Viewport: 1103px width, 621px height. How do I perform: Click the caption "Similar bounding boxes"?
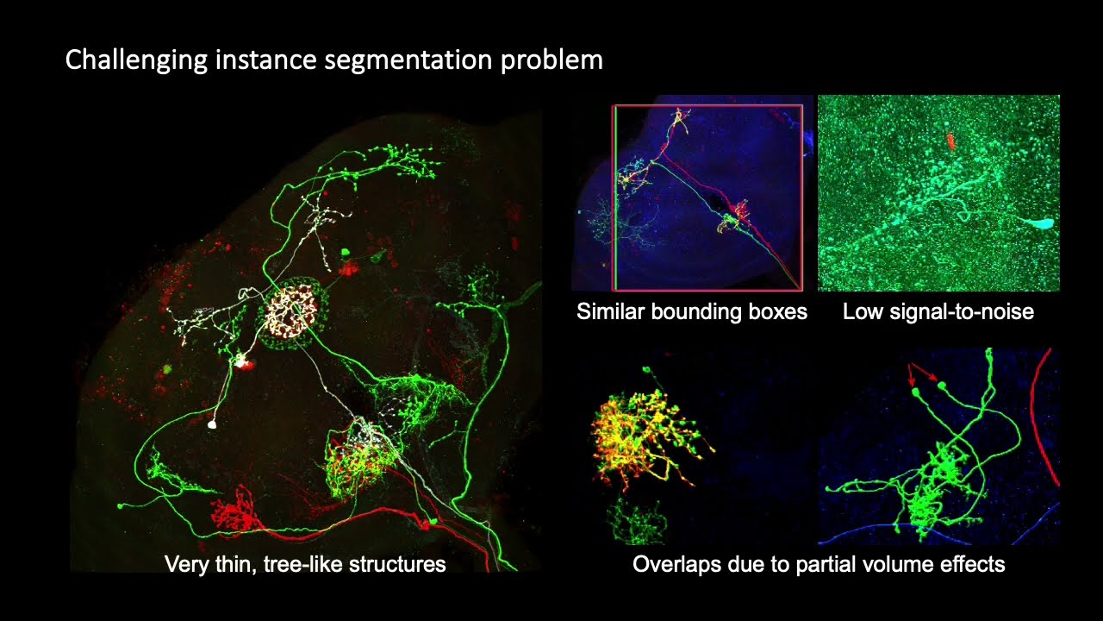(x=692, y=311)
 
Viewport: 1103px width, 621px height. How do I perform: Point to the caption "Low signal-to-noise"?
(x=938, y=311)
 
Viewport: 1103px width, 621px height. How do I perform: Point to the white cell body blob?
(x=212, y=424)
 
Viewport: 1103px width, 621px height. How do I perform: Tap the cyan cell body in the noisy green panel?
(x=1043, y=223)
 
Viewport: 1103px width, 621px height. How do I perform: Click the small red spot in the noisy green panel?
(x=950, y=140)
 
